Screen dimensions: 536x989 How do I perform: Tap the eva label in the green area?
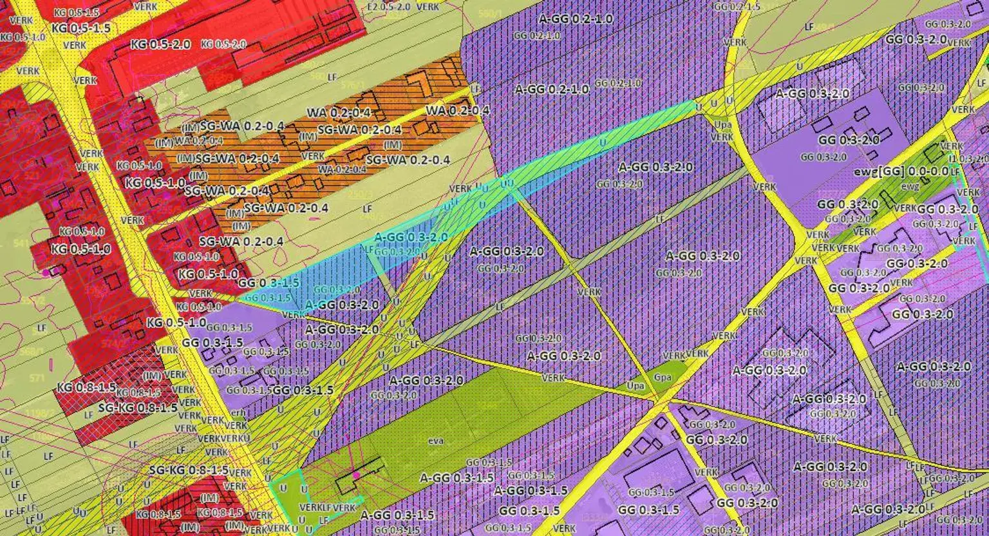coord(436,441)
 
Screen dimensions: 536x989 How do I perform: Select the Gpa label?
coord(663,377)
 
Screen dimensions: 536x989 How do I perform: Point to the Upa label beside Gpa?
coord(636,385)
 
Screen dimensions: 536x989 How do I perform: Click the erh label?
coord(238,413)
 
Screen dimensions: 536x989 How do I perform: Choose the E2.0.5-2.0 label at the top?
coord(388,6)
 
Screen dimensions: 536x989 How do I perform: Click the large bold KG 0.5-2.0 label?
coord(160,44)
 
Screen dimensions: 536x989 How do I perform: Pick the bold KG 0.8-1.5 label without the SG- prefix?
coord(86,387)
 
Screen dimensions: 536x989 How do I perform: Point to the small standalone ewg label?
coord(910,187)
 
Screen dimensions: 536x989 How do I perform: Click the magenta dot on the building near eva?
coord(356,475)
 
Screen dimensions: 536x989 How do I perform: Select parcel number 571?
coord(37,378)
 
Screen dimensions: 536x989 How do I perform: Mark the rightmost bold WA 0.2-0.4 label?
coord(457,110)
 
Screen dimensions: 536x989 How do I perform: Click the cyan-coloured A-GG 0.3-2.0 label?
coord(411,237)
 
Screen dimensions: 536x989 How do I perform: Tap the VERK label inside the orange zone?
coord(313,156)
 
